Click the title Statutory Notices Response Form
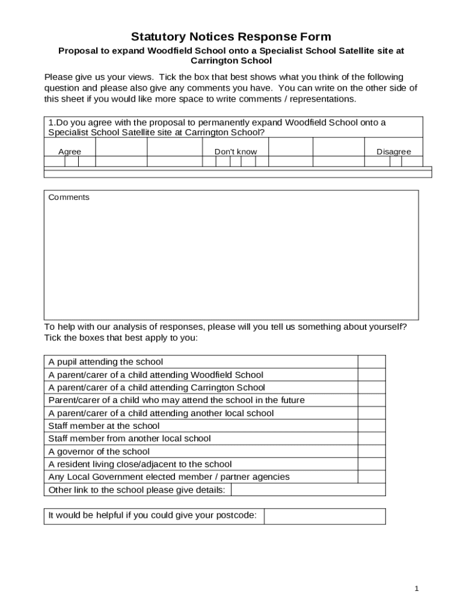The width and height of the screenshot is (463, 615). click(231, 37)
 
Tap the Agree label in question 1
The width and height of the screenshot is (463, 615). click(69, 152)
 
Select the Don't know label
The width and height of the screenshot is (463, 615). click(235, 152)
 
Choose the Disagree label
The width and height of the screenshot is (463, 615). click(393, 152)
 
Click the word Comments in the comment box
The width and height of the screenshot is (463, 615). click(69, 198)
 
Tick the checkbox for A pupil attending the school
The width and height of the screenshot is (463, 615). click(372, 362)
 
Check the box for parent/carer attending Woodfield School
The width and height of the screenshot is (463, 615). click(372, 375)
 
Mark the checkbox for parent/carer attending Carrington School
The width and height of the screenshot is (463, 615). click(372, 387)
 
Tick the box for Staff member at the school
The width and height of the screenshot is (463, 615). click(372, 426)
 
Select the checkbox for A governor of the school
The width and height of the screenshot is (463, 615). click(372, 452)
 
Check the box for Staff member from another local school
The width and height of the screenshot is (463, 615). click(372, 438)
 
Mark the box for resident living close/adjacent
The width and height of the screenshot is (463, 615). click(372, 464)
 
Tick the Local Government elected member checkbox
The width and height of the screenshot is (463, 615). click(372, 477)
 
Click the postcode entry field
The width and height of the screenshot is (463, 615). click(325, 516)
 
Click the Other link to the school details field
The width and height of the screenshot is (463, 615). click(308, 490)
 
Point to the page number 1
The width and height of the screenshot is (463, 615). click(416, 589)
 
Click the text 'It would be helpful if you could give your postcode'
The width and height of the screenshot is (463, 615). click(153, 515)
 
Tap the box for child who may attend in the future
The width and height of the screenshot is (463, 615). click(372, 400)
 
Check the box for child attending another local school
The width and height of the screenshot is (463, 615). click(372, 413)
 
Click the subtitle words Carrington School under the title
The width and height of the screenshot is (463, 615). click(231, 61)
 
